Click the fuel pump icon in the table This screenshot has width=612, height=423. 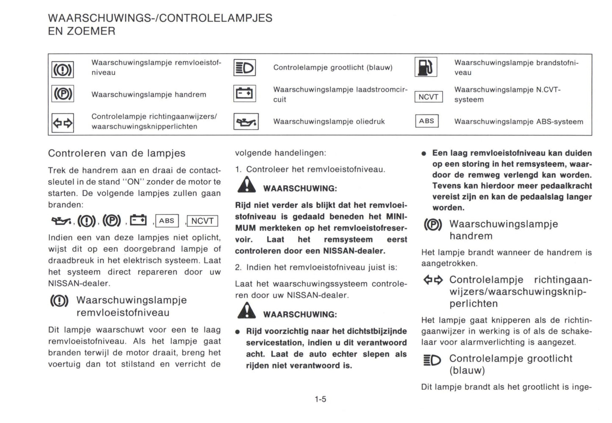426,67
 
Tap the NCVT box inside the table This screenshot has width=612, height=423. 428,97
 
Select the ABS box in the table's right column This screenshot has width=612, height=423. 426,121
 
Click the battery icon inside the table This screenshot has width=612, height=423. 244,94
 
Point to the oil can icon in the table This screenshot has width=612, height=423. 246,122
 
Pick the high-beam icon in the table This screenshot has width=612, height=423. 244,67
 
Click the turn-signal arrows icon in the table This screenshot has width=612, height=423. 63,123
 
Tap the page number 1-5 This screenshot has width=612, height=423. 320,399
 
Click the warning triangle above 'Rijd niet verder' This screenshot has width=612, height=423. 246,185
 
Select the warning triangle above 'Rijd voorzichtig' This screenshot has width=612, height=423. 246,311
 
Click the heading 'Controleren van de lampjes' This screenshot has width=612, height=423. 116,153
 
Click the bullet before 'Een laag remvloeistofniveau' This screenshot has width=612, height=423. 424,153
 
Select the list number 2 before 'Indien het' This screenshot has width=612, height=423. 238,267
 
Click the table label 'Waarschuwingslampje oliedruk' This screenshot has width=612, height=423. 329,122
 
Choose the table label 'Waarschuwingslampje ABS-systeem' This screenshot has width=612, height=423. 518,122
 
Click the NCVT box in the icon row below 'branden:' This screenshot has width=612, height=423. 202,221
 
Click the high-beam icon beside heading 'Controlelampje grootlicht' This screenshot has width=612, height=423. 432,360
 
